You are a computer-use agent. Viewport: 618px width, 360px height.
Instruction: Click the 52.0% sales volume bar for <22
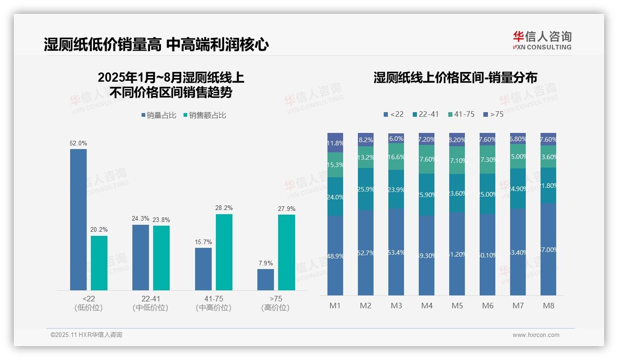tap(78, 220)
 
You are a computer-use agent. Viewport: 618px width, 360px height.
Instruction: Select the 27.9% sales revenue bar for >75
tap(286, 252)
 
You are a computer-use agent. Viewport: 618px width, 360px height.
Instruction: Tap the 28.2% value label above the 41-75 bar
tap(224, 208)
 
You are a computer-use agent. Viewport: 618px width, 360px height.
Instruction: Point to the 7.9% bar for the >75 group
tap(266, 280)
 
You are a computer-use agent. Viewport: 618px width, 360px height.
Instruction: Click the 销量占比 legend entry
tap(159, 115)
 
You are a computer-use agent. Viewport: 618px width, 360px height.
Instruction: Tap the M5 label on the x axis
tap(457, 306)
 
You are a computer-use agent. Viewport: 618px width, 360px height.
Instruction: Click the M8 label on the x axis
tap(548, 306)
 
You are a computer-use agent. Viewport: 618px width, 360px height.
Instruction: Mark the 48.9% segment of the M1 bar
tap(335, 256)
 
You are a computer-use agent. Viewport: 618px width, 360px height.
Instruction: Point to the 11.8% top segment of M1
tap(335, 143)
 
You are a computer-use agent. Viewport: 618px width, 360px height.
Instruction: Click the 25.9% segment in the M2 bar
tap(366, 189)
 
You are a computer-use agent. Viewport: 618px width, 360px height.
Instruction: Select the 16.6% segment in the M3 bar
tap(396, 156)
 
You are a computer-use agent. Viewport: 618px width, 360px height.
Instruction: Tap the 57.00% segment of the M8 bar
tap(548, 249)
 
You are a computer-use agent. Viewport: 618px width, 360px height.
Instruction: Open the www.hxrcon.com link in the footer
tap(536, 335)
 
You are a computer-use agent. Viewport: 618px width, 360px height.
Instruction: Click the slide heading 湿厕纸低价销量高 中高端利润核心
tap(156, 45)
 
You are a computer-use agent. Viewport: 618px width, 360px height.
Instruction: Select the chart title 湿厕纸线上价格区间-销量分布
tap(455, 78)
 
